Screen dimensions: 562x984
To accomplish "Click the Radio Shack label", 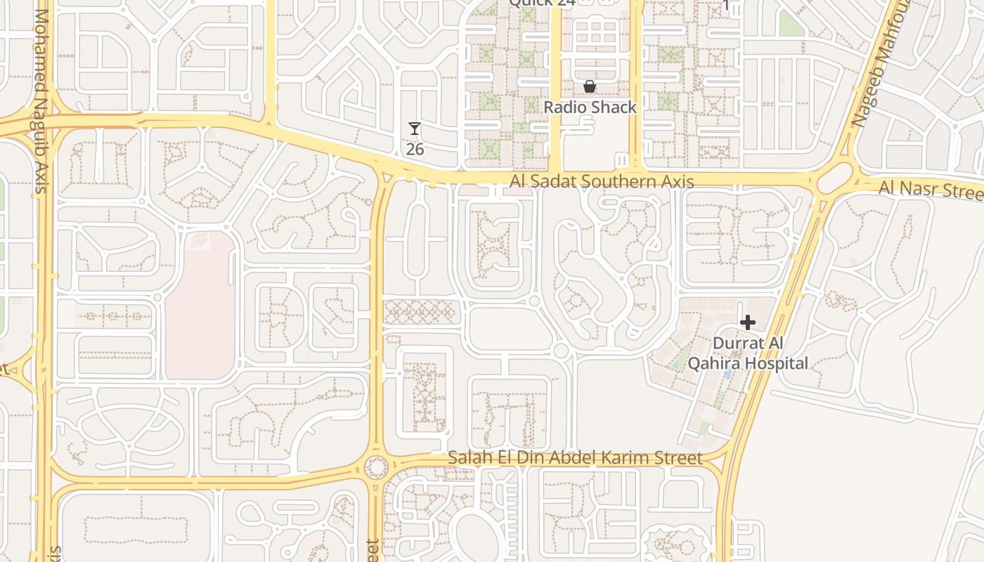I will coord(590,107).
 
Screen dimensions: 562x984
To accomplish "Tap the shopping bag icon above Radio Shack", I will coord(590,87).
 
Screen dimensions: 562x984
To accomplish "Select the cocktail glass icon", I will coord(415,129).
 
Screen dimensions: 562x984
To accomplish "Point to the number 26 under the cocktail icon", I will coord(415,149).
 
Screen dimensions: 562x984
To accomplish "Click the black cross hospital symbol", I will coord(748,322).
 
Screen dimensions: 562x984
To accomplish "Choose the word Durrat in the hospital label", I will coord(737,344).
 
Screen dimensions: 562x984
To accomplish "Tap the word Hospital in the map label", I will coord(777,363).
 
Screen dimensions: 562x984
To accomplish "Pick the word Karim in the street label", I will coord(680,458).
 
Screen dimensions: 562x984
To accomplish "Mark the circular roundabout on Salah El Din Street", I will coord(377,466).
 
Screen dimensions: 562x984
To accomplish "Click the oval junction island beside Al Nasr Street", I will coord(835,178).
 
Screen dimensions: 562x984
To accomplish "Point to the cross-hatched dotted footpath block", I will coord(420,311).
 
